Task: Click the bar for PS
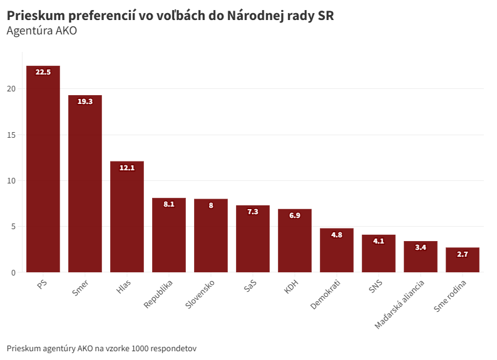(x=43, y=169)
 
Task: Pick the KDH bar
(x=295, y=240)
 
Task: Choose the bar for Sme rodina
(x=463, y=260)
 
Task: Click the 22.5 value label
(x=43, y=72)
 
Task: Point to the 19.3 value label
(x=85, y=101)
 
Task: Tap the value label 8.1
(x=169, y=204)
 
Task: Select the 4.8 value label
(x=337, y=235)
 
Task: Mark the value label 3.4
(x=421, y=247)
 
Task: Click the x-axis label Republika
(x=159, y=294)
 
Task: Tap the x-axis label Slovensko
(x=200, y=295)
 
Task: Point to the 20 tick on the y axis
(x=11, y=89)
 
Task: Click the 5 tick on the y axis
(x=13, y=227)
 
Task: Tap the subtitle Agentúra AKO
(x=41, y=30)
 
